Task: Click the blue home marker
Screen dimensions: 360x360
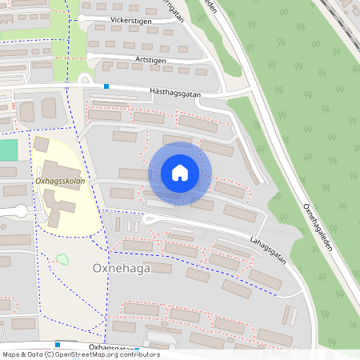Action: point(180,173)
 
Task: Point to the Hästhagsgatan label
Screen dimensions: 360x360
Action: point(174,92)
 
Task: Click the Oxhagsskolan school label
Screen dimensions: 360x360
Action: point(60,181)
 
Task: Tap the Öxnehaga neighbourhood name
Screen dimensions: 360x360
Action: point(116,270)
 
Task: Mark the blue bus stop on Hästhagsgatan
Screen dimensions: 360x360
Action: point(106,86)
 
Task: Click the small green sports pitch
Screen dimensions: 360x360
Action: point(7,150)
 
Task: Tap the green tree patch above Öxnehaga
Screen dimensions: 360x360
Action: point(61,258)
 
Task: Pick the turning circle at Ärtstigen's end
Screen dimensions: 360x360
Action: point(91,56)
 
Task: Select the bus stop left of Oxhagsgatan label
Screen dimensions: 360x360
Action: point(57,345)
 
